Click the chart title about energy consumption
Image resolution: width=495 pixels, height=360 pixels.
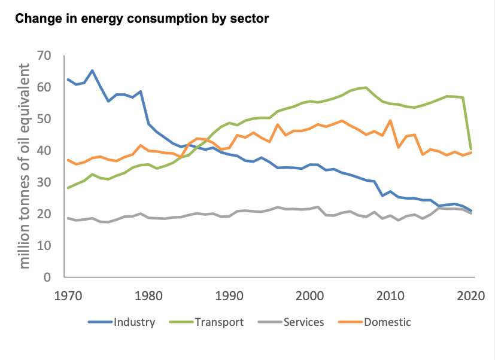click(x=142, y=19)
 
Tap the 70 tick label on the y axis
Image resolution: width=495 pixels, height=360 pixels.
click(x=44, y=56)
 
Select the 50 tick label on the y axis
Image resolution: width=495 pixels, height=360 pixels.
click(x=44, y=119)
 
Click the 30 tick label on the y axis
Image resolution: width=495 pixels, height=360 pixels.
click(x=44, y=182)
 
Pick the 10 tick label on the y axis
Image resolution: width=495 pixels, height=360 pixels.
click(x=44, y=246)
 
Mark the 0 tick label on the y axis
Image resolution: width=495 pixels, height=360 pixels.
click(x=47, y=277)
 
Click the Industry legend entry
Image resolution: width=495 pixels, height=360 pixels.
click(x=122, y=322)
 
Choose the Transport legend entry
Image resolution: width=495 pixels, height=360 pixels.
click(x=209, y=322)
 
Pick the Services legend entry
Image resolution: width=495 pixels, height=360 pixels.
click(x=293, y=322)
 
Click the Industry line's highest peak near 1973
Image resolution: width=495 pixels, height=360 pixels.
click(x=92, y=71)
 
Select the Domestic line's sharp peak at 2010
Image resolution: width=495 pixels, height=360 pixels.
click(x=390, y=120)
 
